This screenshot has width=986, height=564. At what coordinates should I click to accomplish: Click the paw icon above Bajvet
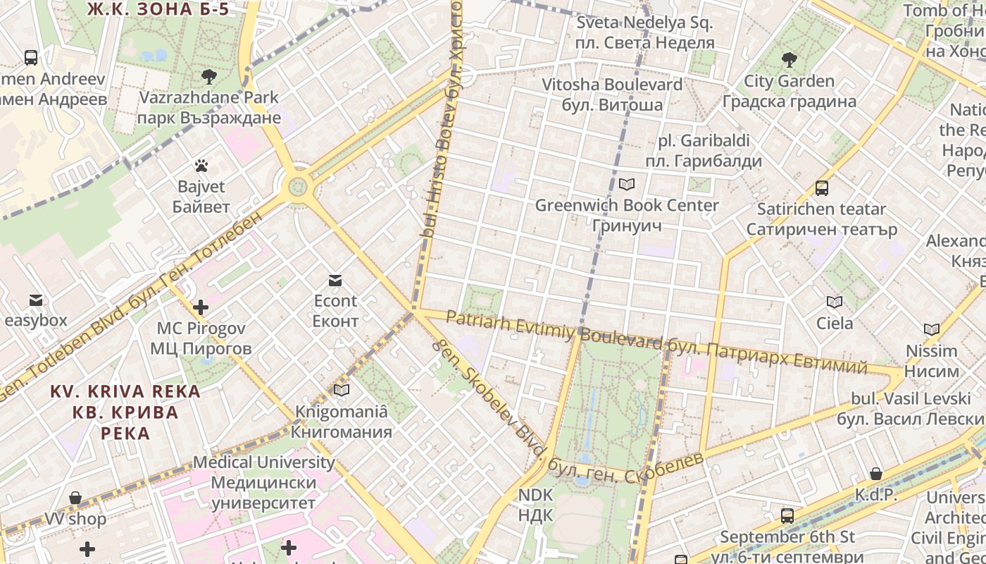click(201, 166)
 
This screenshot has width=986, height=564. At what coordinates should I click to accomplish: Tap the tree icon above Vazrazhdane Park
click(208, 76)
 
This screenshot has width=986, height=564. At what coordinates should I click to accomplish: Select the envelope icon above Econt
click(335, 281)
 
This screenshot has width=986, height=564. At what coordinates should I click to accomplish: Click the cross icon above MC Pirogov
click(201, 307)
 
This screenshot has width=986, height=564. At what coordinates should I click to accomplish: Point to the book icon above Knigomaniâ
click(342, 390)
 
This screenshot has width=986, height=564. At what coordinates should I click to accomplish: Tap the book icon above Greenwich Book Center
click(626, 185)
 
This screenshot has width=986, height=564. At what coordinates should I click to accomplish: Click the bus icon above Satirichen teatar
click(821, 188)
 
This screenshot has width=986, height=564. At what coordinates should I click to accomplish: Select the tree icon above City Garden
click(790, 60)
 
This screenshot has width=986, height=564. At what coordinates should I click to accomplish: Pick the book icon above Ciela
click(835, 302)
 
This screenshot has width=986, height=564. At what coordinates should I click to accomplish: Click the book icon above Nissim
click(932, 329)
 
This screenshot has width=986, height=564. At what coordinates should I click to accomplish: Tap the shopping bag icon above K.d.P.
click(876, 474)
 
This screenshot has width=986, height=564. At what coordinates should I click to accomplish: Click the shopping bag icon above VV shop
click(75, 498)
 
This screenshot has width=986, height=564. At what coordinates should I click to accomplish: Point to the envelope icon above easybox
click(35, 300)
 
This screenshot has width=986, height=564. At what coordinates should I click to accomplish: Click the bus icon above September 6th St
click(787, 516)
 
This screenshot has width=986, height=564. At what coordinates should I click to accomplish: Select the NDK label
click(535, 505)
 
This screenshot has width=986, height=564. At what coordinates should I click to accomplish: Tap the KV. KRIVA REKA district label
click(125, 412)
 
